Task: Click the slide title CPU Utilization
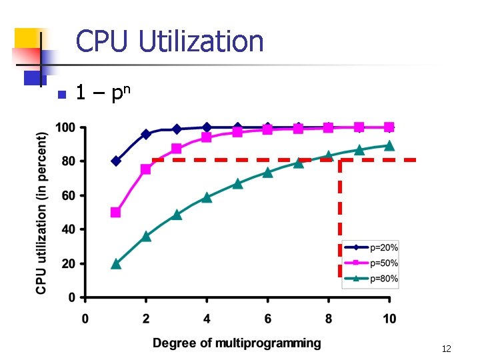pyautogui.click(x=169, y=41)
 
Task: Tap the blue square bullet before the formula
pyautogui.click(x=61, y=95)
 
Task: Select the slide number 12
pyautogui.click(x=446, y=349)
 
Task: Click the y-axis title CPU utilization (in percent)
pyautogui.click(x=41, y=212)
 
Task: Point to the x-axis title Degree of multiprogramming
pyautogui.click(x=237, y=343)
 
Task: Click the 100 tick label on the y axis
pyautogui.click(x=65, y=127)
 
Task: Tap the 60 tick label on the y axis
pyautogui.click(x=68, y=195)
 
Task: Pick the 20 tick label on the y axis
pyautogui.click(x=68, y=263)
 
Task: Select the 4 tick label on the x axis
pyautogui.click(x=207, y=319)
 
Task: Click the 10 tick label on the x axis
pyautogui.click(x=389, y=319)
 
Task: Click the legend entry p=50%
pyautogui.click(x=383, y=263)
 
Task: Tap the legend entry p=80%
pyautogui.click(x=383, y=279)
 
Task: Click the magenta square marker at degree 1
pyautogui.click(x=116, y=212)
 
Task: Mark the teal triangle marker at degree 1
pyautogui.click(x=116, y=263)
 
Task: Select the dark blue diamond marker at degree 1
pyautogui.click(x=116, y=161)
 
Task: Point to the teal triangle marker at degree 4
pyautogui.click(x=207, y=197)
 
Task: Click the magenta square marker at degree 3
pyautogui.click(x=177, y=149)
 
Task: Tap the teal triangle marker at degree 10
pyautogui.click(x=389, y=145)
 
